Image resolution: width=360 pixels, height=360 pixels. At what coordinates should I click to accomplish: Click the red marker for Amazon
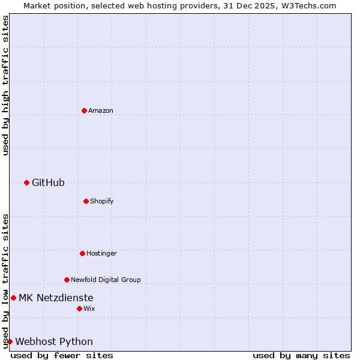tap(84, 110)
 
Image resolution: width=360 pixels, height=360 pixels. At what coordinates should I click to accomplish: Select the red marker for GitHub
tap(26, 182)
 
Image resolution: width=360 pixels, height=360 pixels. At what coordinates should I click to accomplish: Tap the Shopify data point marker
tap(86, 201)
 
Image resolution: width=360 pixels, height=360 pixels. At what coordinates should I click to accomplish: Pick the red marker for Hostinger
tap(82, 253)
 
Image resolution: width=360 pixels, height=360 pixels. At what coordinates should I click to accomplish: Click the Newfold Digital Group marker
tap(67, 280)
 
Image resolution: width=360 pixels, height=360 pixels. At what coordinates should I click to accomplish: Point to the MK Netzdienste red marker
tap(13, 298)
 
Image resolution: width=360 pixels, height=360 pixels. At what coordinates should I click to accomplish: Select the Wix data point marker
tap(79, 308)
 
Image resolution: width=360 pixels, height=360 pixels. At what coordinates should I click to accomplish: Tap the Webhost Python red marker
tap(10, 341)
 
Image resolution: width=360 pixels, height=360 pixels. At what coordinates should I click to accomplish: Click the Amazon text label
tap(101, 110)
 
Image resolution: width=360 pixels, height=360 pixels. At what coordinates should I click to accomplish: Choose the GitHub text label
tap(48, 182)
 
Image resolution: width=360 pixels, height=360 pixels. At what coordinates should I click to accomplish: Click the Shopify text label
tap(102, 201)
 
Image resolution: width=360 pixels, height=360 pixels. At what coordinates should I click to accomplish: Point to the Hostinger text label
tap(101, 253)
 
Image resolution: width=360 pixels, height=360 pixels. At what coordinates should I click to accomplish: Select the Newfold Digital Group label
tap(106, 280)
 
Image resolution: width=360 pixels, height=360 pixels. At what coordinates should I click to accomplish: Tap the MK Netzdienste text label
tap(56, 298)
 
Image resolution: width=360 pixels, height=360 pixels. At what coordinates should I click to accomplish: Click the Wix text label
tap(89, 308)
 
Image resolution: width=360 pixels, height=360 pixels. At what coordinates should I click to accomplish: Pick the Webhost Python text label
tap(54, 342)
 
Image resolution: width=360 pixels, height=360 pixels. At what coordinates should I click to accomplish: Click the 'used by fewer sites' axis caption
tap(62, 355)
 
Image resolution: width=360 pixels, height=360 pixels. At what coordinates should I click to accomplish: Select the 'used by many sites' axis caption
tap(301, 355)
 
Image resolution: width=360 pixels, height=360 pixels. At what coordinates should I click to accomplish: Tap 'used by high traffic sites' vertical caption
tap(5, 86)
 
